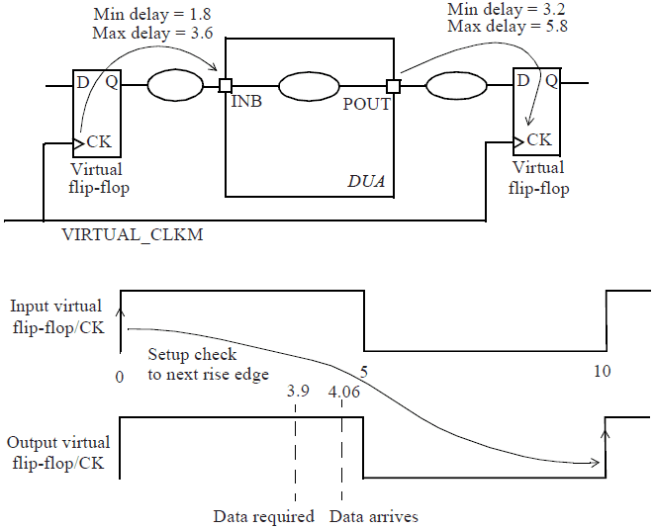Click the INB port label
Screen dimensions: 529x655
point(246,103)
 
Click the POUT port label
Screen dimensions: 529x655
point(366,103)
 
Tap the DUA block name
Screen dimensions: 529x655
point(365,181)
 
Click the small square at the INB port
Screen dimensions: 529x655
point(226,86)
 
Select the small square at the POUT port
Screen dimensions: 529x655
point(393,86)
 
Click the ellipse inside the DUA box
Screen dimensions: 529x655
point(310,86)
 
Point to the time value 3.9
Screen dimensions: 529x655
point(296,392)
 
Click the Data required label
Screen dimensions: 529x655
point(263,516)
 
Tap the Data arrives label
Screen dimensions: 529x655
point(373,516)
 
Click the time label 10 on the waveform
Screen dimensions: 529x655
point(603,370)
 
